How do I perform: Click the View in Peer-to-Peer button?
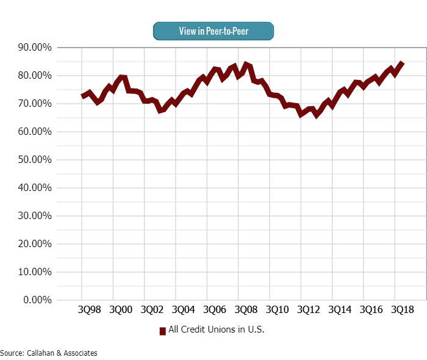tap(213, 31)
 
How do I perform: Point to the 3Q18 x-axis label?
tap(403, 310)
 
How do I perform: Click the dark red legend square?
tap(163, 331)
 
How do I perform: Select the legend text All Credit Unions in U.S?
tap(216, 329)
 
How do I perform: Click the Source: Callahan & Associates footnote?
tap(49, 353)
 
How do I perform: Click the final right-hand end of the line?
tap(402, 63)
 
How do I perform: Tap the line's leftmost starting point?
tap(82, 96)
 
